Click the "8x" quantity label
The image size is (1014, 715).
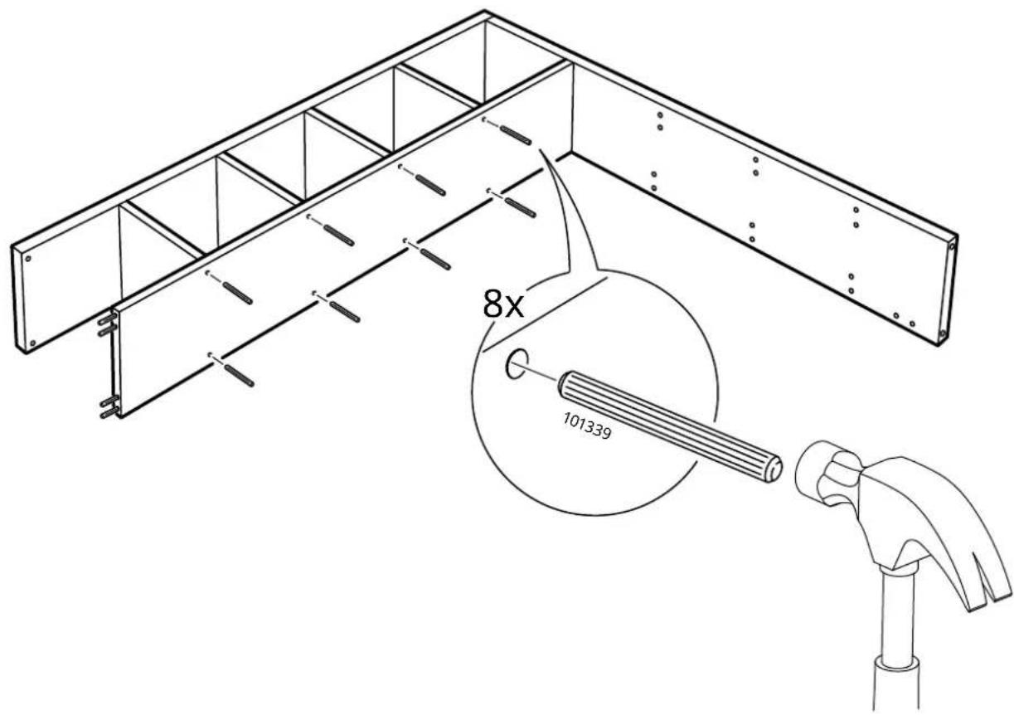503,304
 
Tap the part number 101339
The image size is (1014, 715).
587,426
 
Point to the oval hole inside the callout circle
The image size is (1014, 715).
516,363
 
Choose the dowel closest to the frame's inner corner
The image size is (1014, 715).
515,135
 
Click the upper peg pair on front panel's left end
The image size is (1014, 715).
108,326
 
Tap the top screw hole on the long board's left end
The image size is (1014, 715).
28,259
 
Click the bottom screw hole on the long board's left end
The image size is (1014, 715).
32,343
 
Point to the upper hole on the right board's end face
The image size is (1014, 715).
952,247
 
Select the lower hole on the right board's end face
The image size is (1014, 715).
942,334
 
